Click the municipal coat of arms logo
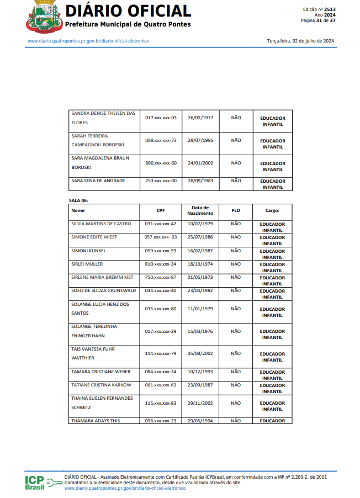click(41, 17)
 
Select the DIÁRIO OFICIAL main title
click(128, 11)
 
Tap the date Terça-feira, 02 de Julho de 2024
click(300, 41)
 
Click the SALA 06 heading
click(78, 200)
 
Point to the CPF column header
click(161, 210)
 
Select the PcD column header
click(236, 210)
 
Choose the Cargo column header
click(272, 210)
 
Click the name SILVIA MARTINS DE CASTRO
click(101, 224)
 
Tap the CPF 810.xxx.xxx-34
click(161, 264)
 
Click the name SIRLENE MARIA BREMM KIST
click(102, 277)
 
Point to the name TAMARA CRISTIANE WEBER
click(101, 372)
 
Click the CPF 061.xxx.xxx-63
click(161, 385)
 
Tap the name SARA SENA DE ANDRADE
click(98, 181)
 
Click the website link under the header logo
click(88, 41)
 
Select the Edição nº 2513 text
click(319, 9)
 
